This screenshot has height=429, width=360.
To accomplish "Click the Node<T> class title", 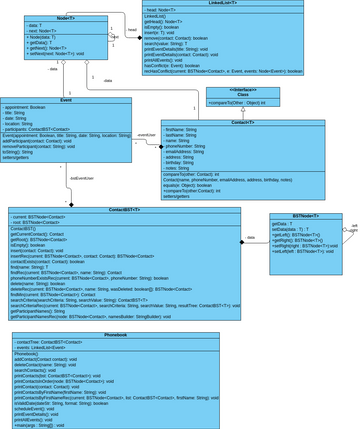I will (x=69, y=18).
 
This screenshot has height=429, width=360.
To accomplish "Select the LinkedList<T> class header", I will (x=222, y=5).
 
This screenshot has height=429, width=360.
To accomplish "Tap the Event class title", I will (x=66, y=100).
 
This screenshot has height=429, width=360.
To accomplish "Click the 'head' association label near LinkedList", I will (x=132, y=31).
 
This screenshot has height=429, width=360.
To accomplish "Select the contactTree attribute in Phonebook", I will (x=54, y=341).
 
